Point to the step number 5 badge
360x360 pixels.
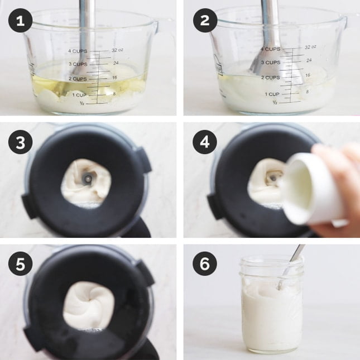click(x=21, y=265)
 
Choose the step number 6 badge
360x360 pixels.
click(x=205, y=265)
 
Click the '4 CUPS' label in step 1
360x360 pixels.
click(x=78, y=51)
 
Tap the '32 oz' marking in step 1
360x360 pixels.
click(x=117, y=50)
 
